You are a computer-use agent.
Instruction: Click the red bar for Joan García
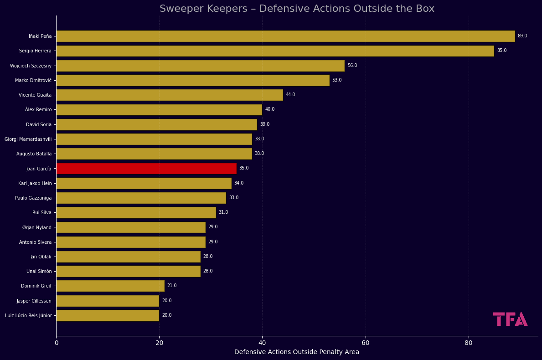click(146, 169)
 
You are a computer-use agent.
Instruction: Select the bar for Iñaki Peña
click(285, 36)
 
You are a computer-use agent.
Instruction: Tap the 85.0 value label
click(501, 51)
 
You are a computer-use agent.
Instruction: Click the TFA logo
click(510, 319)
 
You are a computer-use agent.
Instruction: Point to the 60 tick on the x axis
click(366, 343)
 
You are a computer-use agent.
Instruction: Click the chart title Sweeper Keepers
click(297, 9)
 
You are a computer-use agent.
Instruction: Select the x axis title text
click(297, 352)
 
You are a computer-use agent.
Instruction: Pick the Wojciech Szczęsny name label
click(31, 66)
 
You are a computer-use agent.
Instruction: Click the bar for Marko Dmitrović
click(192, 80)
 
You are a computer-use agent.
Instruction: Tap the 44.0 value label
click(290, 95)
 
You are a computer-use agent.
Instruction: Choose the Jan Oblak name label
click(41, 257)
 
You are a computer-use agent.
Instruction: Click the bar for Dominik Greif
click(110, 286)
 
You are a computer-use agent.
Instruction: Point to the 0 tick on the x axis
click(57, 343)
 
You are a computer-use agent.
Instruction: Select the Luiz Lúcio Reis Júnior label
click(28, 315)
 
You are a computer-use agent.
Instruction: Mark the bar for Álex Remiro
click(159, 110)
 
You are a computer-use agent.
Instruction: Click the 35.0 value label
click(244, 168)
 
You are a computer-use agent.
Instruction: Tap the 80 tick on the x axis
click(469, 343)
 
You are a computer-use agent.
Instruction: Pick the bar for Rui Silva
click(136, 212)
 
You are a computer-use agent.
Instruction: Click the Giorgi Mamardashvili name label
click(28, 139)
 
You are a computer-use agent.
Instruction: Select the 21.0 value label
click(172, 286)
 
